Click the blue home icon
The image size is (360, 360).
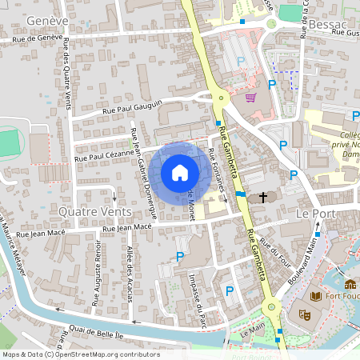(x=180, y=173)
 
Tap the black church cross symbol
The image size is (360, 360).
(x=262, y=197)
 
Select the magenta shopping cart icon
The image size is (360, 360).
(x=251, y=98)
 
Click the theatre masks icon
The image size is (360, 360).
(x=304, y=315)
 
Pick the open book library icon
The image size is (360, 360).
(x=315, y=297)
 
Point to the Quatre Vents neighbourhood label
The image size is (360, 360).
(x=94, y=210)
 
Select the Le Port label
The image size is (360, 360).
(x=314, y=214)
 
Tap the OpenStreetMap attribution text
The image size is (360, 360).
(x=81, y=354)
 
